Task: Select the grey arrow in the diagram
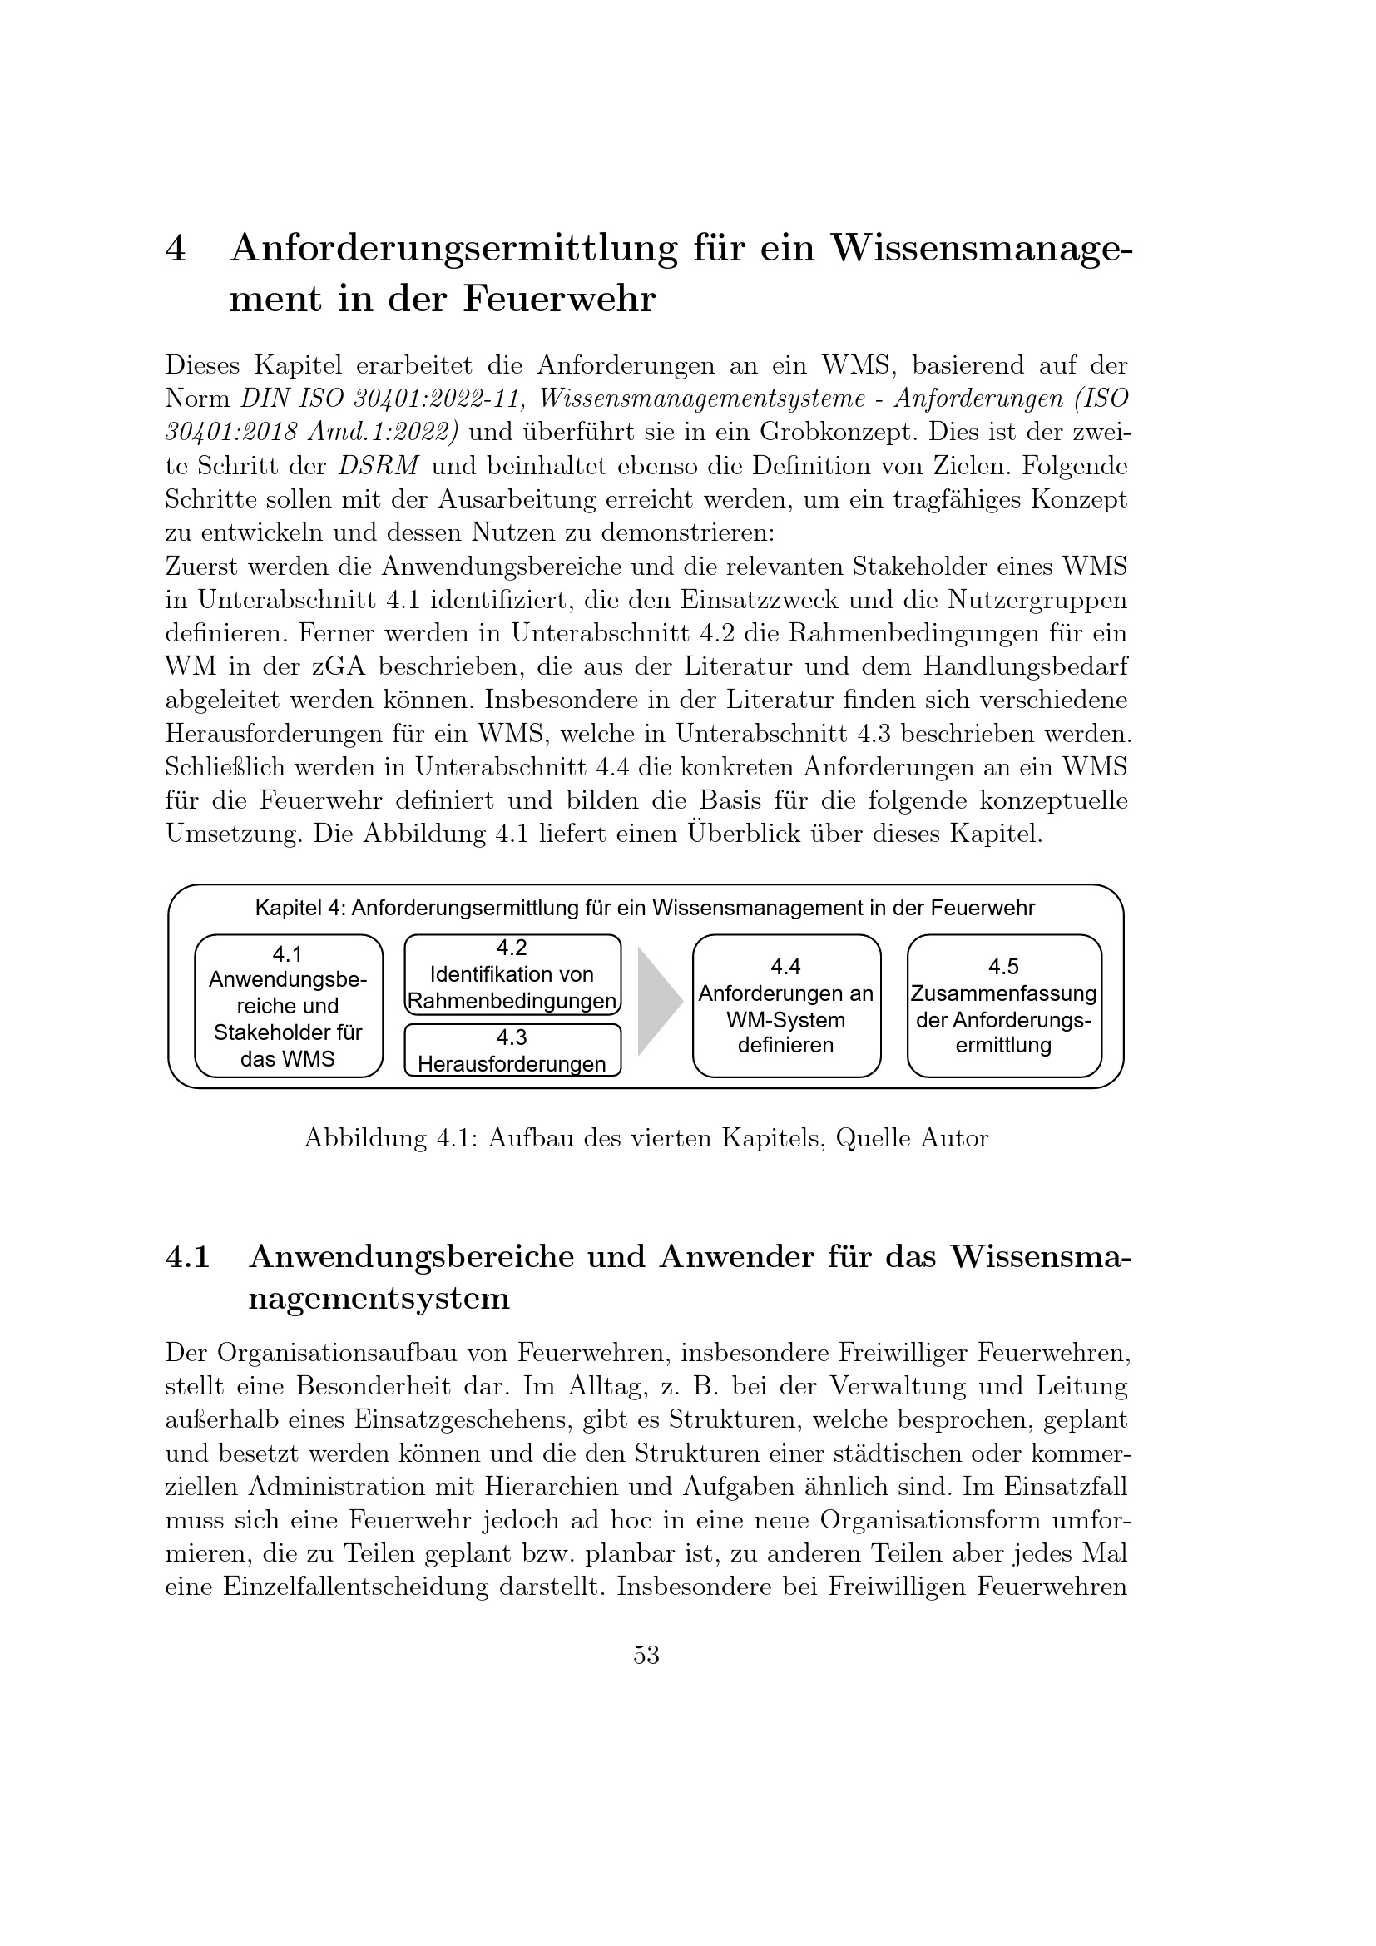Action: [x=658, y=1002]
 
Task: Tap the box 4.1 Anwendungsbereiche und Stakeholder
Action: [x=288, y=1006]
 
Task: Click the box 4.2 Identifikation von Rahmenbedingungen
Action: [x=512, y=975]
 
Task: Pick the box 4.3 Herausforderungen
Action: [x=512, y=1050]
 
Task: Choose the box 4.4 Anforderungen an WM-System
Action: [x=786, y=1006]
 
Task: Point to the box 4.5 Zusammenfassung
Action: [x=1004, y=1006]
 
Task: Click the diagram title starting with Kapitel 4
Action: [x=645, y=909]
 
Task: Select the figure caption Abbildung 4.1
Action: [x=646, y=1138]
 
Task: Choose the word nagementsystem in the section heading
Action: [x=379, y=1299]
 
